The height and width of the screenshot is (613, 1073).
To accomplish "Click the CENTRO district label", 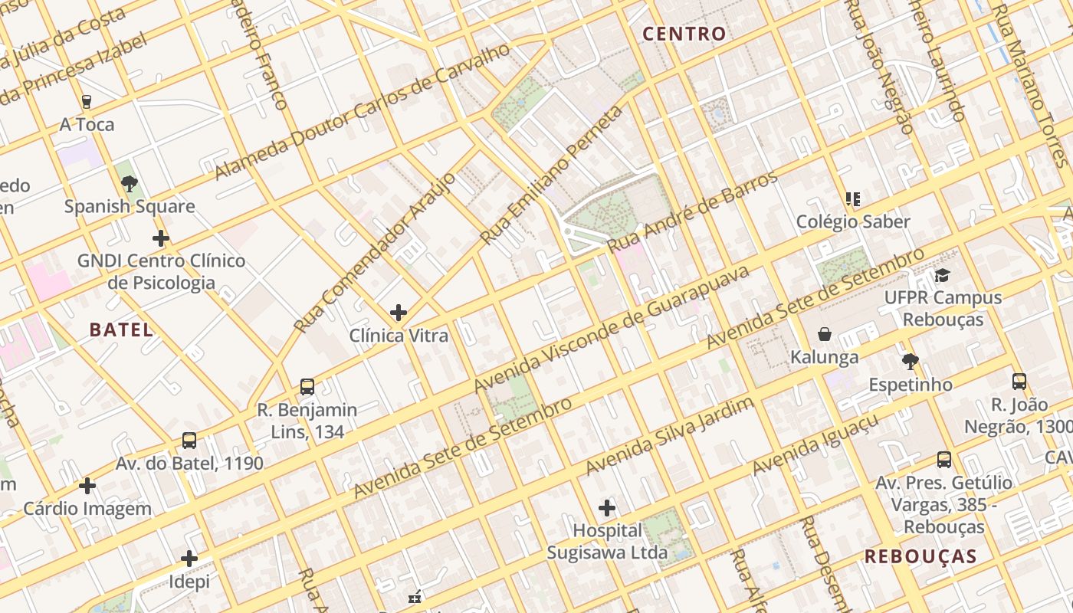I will point(684,34).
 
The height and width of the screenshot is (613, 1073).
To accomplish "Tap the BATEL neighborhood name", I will point(121,330).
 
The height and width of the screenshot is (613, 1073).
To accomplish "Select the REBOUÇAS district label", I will point(920,557).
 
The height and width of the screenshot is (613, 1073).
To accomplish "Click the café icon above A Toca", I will point(87,101).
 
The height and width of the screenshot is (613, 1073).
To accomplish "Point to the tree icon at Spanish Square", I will point(129,183).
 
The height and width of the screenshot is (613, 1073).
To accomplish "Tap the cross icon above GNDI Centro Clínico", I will point(160,238).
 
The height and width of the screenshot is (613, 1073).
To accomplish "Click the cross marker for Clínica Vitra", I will point(398,313).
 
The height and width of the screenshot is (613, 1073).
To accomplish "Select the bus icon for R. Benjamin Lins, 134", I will point(307,387).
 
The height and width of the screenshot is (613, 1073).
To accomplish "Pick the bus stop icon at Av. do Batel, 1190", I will point(189,441).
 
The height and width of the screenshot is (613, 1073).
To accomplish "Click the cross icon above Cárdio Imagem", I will point(87,486).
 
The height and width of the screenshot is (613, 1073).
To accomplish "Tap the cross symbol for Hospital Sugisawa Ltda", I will point(607,508).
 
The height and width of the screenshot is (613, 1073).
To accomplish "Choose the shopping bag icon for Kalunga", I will point(825,334).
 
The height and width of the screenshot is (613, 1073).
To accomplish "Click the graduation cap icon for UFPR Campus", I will point(942,275).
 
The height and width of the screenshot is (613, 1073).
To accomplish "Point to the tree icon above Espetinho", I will point(910,362).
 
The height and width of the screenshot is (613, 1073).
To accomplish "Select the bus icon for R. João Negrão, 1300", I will point(1019,382).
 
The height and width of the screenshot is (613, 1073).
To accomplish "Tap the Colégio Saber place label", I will point(853,222).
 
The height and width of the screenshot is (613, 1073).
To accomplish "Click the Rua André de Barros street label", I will point(692,212).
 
